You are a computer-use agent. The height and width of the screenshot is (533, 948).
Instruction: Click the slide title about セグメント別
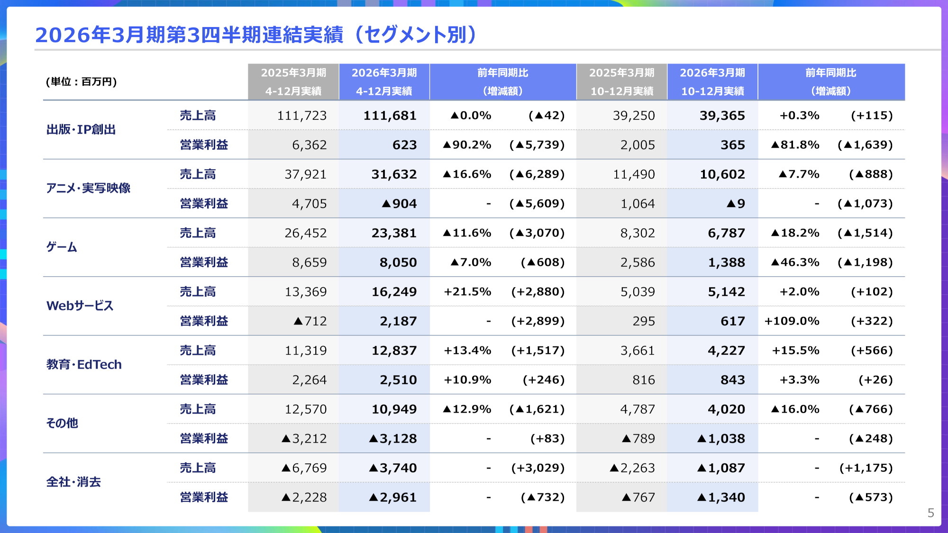pyautogui.click(x=256, y=35)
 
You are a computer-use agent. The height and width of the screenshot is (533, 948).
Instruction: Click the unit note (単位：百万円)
pyautogui.click(x=81, y=81)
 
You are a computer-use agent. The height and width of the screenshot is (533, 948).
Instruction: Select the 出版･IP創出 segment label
pyautogui.click(x=81, y=130)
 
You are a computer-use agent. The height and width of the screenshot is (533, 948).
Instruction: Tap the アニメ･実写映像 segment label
pyautogui.click(x=88, y=189)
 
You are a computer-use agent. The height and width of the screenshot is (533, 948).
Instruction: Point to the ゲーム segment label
pyautogui.click(x=62, y=247)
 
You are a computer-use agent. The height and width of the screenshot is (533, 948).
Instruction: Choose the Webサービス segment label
pyautogui.click(x=80, y=306)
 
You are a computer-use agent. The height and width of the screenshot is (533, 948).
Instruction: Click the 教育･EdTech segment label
pyautogui.click(x=84, y=365)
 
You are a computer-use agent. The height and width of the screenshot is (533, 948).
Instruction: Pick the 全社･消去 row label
pyautogui.click(x=73, y=482)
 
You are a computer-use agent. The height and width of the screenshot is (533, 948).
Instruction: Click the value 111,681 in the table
pyautogui.click(x=390, y=116)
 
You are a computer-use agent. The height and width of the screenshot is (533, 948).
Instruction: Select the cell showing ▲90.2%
pyautogui.click(x=467, y=145)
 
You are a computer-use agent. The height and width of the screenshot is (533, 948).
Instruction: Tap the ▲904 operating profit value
pyautogui.click(x=399, y=204)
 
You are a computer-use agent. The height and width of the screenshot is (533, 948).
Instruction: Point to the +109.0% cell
pyautogui.click(x=792, y=321)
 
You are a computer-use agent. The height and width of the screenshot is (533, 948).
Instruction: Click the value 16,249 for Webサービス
pyautogui.click(x=394, y=292)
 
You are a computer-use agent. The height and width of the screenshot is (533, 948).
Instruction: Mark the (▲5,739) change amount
pyautogui.click(x=537, y=145)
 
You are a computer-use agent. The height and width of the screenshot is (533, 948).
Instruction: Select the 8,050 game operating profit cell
pyautogui.click(x=398, y=262)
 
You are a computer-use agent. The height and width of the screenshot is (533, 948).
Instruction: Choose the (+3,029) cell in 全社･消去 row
pyautogui.click(x=538, y=468)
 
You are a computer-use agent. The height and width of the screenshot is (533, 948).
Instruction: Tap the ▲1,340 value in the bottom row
pyautogui.click(x=721, y=497)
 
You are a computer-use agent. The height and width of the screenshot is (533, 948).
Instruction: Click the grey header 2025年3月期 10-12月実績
pyautogui.click(x=621, y=81)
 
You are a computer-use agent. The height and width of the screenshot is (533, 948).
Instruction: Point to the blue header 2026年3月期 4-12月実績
pyautogui.click(x=384, y=81)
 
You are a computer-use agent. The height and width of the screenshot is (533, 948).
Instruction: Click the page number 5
pyautogui.click(x=930, y=513)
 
